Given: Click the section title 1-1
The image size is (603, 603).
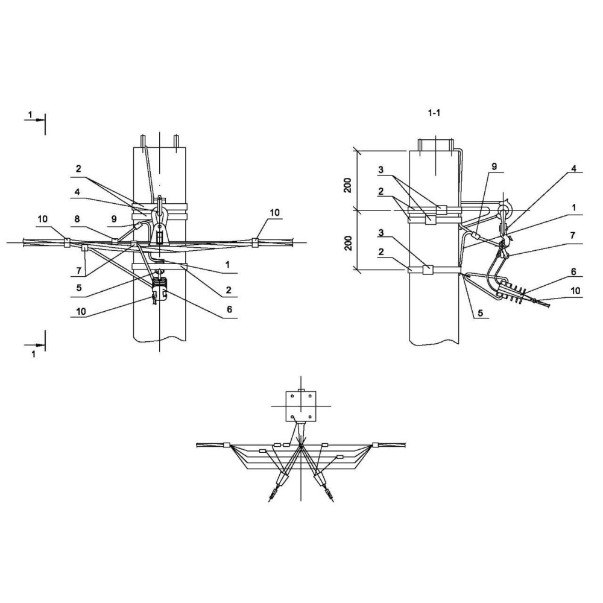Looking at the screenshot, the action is (434, 113).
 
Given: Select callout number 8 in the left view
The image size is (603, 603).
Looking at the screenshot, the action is (77, 219).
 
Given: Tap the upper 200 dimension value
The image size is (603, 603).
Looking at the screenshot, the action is (348, 185).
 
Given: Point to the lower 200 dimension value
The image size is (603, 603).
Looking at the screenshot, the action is (349, 243).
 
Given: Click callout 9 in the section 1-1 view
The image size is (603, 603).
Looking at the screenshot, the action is (494, 166).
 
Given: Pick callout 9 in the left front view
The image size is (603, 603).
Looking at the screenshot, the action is (114, 219).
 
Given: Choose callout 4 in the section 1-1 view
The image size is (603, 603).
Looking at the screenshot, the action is (574, 168).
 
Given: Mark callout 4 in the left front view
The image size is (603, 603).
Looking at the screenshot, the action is (77, 192).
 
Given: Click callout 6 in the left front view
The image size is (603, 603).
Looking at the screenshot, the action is (230, 309).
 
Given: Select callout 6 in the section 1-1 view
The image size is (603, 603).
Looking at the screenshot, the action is (574, 272).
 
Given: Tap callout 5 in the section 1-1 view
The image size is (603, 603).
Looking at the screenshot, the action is (481, 313).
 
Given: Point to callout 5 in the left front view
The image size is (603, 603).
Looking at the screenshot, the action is (79, 288).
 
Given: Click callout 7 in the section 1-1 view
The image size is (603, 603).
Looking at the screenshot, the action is (573, 235).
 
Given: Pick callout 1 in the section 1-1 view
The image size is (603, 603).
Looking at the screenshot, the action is (574, 208).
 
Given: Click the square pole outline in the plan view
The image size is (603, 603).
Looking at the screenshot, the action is (301, 406).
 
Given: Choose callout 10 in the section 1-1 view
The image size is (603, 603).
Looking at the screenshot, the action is (575, 291).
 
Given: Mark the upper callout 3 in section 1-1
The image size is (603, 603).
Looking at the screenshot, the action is (380, 169).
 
